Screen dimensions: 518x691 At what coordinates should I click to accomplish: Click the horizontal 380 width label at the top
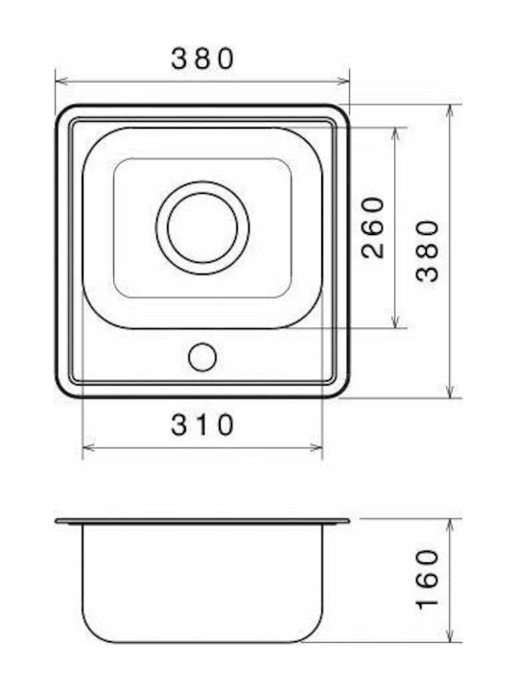click(x=202, y=59)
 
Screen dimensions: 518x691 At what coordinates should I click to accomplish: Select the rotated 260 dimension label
click(x=372, y=227)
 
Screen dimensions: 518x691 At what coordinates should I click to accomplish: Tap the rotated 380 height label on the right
click(x=427, y=250)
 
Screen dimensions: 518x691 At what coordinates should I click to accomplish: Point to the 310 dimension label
click(x=202, y=424)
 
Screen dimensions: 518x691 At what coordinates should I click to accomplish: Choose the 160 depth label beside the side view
click(x=427, y=579)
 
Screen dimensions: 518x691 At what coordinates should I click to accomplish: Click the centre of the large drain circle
click(x=202, y=227)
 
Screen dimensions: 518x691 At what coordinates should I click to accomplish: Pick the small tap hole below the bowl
click(x=202, y=357)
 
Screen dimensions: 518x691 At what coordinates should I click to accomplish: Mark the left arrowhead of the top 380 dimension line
click(x=61, y=81)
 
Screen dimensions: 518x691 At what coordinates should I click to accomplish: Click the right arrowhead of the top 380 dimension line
click(x=343, y=81)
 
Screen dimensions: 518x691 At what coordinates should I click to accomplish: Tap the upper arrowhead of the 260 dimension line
click(x=395, y=133)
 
